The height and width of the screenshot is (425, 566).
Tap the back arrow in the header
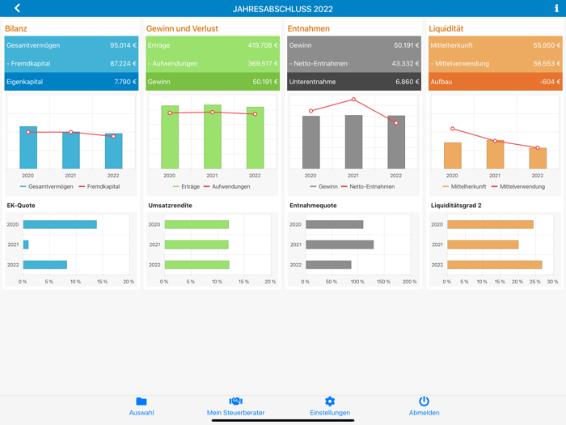(x=17, y=8)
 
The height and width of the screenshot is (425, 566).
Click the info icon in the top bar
(x=556, y=8)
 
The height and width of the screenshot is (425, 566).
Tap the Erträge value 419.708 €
(x=263, y=45)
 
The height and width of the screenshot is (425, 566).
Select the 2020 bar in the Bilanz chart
(x=28, y=147)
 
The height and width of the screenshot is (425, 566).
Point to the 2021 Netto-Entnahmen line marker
(x=353, y=100)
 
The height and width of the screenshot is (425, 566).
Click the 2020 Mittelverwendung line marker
(x=453, y=129)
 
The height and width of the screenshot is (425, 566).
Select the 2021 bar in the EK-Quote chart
(x=26, y=244)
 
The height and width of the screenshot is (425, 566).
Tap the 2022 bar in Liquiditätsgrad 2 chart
(x=494, y=265)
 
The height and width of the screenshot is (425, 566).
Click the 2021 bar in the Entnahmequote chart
(x=340, y=244)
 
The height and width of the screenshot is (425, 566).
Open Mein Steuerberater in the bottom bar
(x=235, y=406)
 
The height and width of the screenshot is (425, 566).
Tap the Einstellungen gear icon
(x=330, y=402)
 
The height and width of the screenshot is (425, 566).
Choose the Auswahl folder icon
(x=141, y=402)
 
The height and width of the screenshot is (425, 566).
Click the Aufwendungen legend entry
(x=228, y=186)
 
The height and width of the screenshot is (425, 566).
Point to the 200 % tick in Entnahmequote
(x=410, y=282)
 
